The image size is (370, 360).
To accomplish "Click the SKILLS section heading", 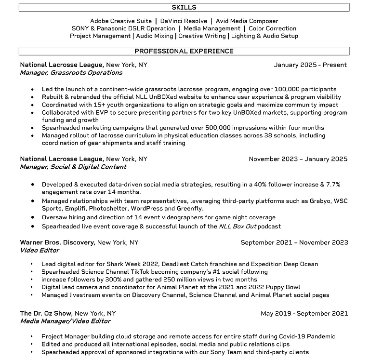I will [x=184, y=7].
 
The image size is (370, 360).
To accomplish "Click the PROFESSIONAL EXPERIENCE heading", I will [x=184, y=51].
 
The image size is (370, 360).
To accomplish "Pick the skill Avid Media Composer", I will [x=247, y=21].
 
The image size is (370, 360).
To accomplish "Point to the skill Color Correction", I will [x=273, y=28].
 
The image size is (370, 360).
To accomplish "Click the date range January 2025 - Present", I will [x=310, y=65].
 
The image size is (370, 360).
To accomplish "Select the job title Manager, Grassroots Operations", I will [x=71, y=73].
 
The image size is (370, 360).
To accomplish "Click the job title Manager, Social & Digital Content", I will [x=73, y=167].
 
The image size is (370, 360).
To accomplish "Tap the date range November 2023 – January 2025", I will [x=298, y=159].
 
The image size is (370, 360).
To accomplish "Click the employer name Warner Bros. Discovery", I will [x=57, y=242].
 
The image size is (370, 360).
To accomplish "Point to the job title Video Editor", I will [x=40, y=250].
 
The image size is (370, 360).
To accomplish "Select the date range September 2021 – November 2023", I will [x=294, y=242].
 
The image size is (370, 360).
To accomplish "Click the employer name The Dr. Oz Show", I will [x=46, y=313].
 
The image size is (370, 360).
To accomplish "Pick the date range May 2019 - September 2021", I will [x=304, y=313].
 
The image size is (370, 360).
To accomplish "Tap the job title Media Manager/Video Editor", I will [x=65, y=321].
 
